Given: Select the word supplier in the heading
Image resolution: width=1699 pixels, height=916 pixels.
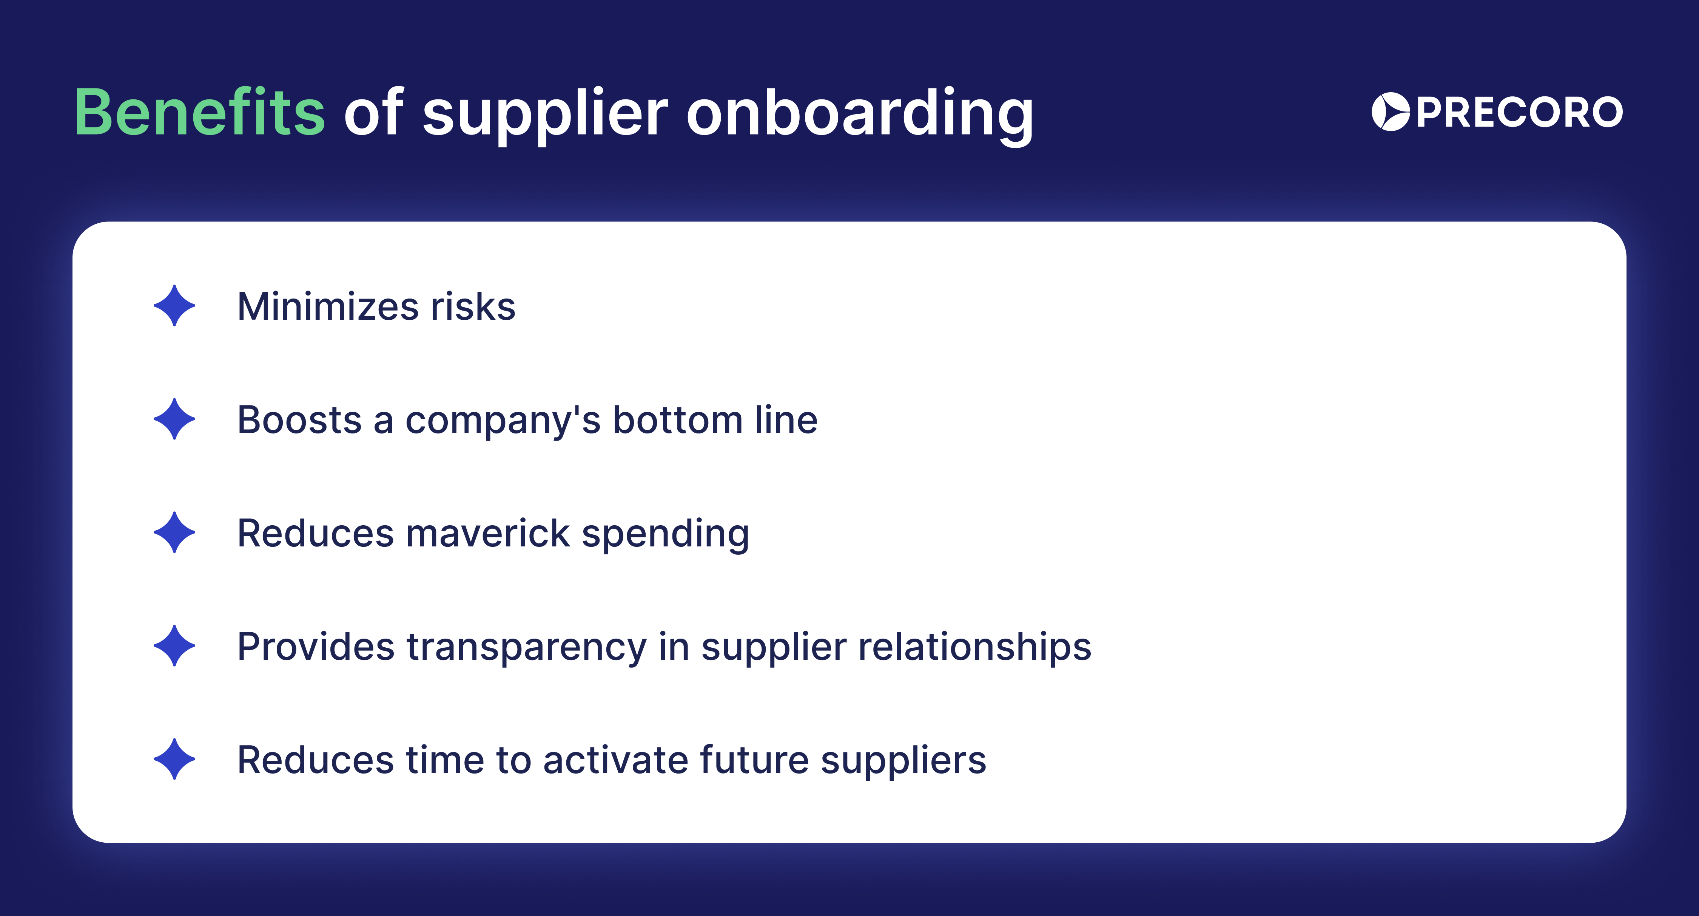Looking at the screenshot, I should click(x=545, y=113).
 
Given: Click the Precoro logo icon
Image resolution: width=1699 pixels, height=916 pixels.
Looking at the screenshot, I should click(x=1390, y=111).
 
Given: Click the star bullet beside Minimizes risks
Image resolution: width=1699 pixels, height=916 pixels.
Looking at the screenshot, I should click(x=174, y=306).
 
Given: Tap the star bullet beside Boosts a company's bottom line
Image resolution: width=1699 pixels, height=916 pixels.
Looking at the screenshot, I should click(x=174, y=419).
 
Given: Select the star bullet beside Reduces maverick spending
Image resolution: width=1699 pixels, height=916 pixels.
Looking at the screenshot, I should click(x=174, y=532).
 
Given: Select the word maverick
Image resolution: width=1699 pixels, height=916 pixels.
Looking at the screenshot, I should click(x=487, y=533).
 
